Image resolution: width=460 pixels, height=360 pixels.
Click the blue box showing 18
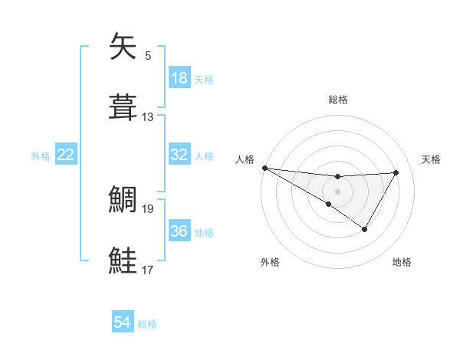pos(179,78)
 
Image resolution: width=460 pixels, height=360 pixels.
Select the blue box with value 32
pos(179,155)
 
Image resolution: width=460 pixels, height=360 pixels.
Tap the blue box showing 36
pos(179,231)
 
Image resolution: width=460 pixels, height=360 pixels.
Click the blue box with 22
pos(66,155)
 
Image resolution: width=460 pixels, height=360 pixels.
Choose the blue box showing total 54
pos(123,323)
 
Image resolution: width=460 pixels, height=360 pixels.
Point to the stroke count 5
pos(148,56)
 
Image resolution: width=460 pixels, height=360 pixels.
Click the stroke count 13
pos(148,117)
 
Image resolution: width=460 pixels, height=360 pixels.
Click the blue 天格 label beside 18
pos(204,79)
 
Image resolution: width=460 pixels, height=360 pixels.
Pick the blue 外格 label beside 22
pos(41,155)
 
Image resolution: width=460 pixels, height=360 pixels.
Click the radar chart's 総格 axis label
pos(337,100)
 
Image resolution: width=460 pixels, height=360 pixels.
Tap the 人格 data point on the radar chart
pos(264,167)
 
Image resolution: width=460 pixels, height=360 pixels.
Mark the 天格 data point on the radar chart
pos(396,172)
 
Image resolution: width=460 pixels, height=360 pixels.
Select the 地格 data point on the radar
pos(365,229)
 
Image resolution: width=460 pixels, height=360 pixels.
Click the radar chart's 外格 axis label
pos(270,262)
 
